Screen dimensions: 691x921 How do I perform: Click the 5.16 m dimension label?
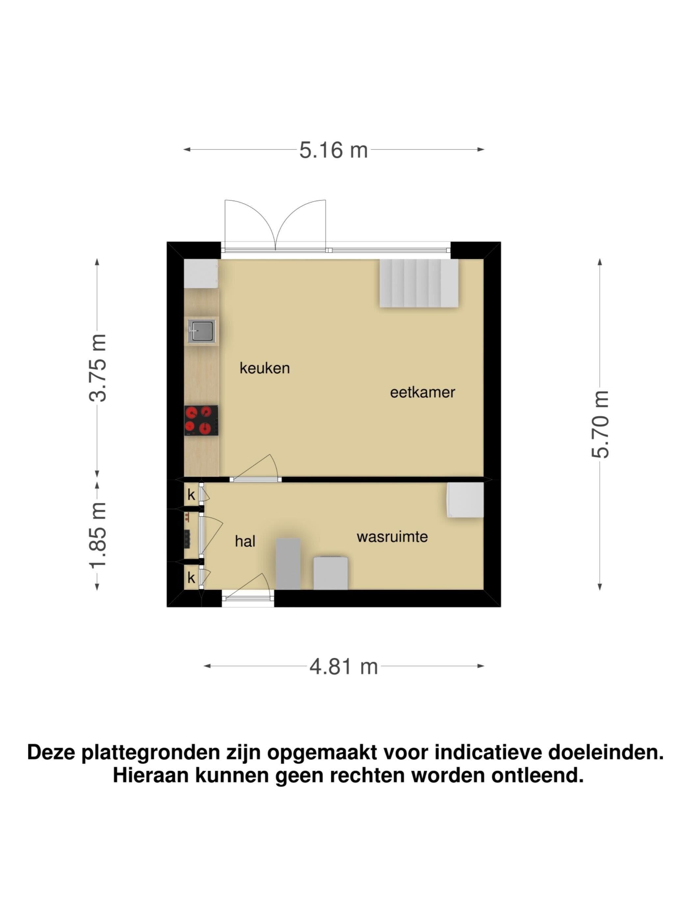tap(333, 150)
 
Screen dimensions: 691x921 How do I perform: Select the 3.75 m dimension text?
tap(98, 368)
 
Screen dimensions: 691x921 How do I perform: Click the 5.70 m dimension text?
tap(600, 424)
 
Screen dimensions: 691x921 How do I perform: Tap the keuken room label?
tap(265, 368)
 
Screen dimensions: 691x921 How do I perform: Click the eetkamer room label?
tap(422, 392)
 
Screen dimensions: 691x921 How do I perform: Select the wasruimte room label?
tap(392, 537)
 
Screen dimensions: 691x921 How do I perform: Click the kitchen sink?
tap(201, 331)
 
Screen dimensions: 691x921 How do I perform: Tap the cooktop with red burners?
tap(201, 420)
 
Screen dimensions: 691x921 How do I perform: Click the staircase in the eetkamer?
tap(419, 283)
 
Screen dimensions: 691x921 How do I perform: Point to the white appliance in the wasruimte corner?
tap(465, 500)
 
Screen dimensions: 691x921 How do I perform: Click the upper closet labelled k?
tap(192, 495)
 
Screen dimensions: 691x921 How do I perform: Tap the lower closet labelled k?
tap(192, 578)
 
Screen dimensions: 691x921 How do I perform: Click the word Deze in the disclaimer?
tap(51, 752)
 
